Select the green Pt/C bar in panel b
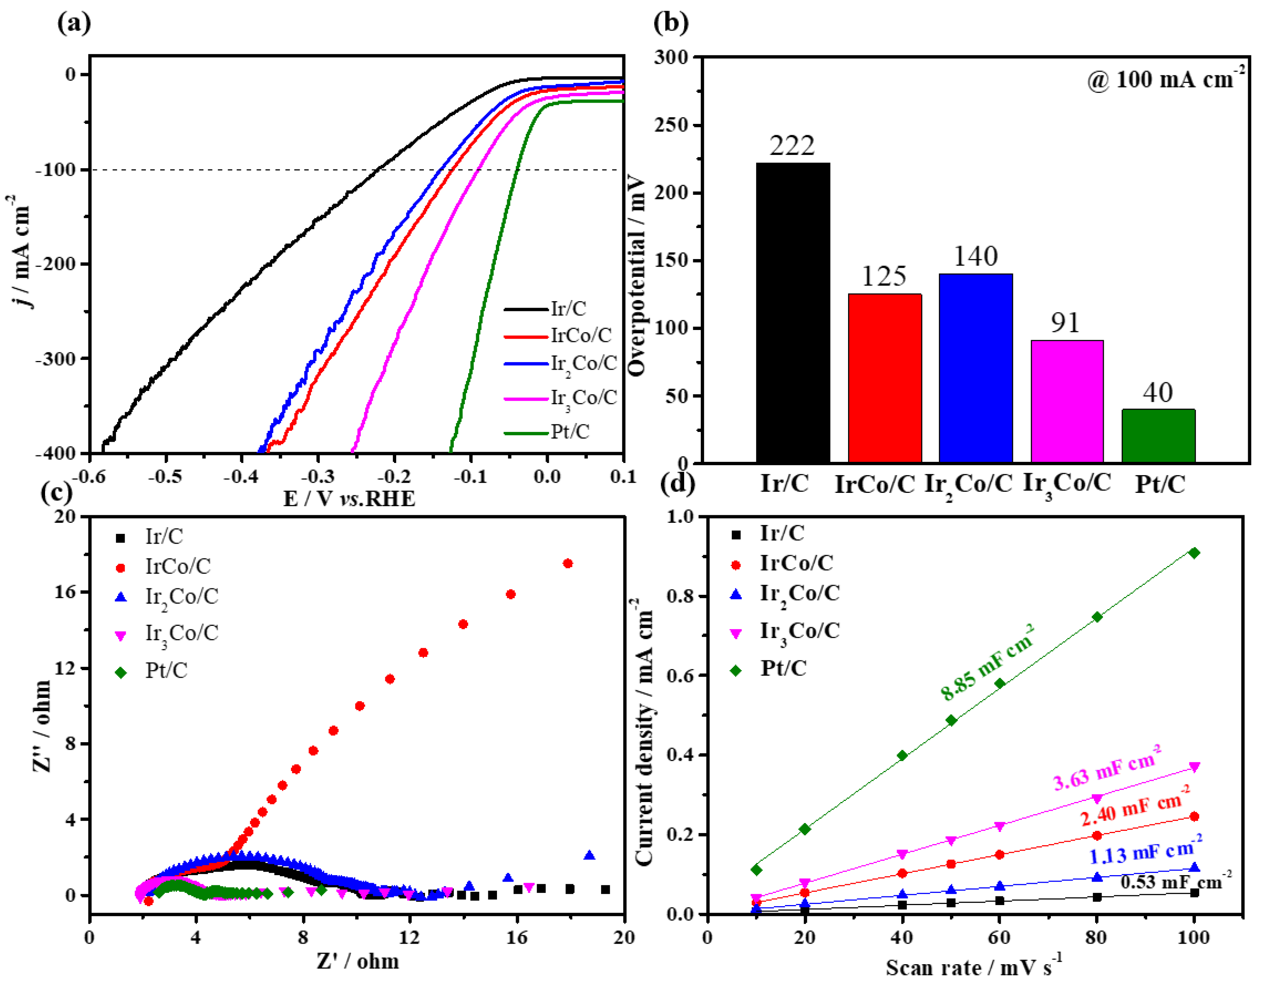coord(1158,436)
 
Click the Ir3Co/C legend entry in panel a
coord(583,398)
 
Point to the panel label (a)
coord(74,23)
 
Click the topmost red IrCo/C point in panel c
coord(567,563)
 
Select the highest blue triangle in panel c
coord(589,855)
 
